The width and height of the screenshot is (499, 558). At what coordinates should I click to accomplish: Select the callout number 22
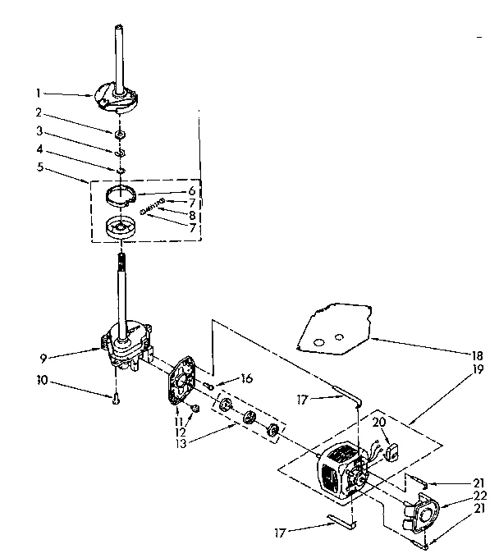(x=480, y=495)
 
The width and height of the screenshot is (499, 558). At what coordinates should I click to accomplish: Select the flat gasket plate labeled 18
(x=332, y=329)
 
